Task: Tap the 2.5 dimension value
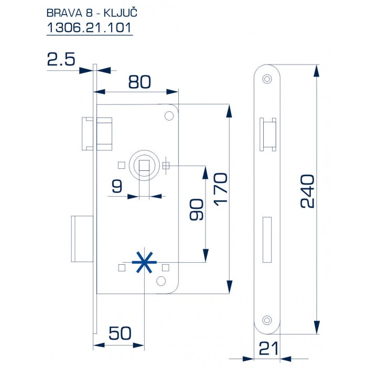[61, 59]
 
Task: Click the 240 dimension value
[308, 191]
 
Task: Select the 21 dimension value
[268, 348]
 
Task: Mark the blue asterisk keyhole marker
[143, 262]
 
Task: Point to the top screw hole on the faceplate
[268, 79]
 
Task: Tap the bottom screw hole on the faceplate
[268, 320]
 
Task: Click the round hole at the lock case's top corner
[169, 115]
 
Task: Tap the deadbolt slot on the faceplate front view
[268, 239]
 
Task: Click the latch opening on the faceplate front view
[267, 134]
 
